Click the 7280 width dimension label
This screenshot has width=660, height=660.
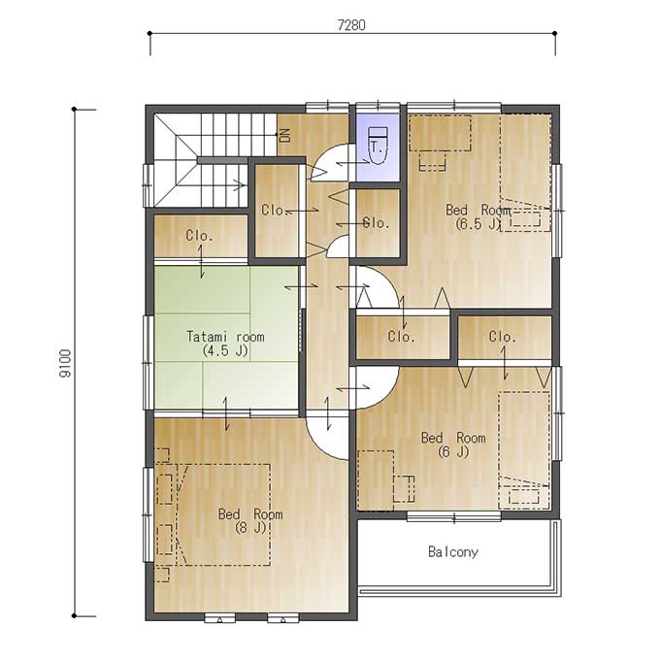[x=351, y=25]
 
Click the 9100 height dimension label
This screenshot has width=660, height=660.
[x=66, y=364]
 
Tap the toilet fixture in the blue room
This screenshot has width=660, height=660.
[x=378, y=146]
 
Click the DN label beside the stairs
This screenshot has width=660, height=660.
[x=285, y=135]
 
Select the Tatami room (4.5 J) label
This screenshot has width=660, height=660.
[x=225, y=344]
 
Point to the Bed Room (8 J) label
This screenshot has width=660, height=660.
[x=250, y=520]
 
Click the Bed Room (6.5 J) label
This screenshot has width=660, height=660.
[x=478, y=216]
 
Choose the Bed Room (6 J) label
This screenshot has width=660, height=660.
[x=453, y=445]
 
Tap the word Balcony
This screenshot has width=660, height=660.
[x=453, y=552]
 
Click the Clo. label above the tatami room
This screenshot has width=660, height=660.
[x=199, y=235]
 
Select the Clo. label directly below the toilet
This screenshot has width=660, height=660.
[x=377, y=222]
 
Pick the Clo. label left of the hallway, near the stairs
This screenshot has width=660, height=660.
[x=275, y=210]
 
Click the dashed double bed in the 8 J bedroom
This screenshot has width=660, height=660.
[x=223, y=514]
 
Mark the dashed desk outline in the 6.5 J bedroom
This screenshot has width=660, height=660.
[x=440, y=133]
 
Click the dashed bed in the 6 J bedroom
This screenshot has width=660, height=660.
[x=524, y=450]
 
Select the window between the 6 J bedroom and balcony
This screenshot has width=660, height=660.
[x=454, y=516]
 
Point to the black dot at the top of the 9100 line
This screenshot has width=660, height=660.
[x=74, y=110]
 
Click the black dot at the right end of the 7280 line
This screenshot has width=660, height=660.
[x=555, y=33]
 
